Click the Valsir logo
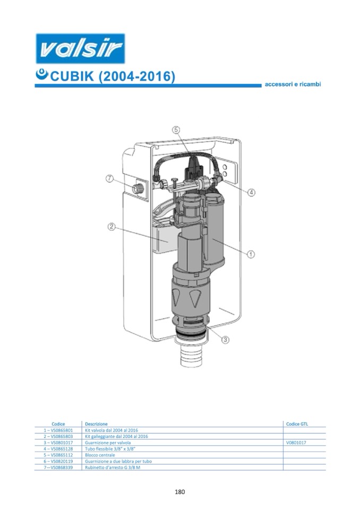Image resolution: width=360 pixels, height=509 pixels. pyautogui.click(x=80, y=48)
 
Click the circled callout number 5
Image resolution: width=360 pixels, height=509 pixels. pyautogui.click(x=176, y=130)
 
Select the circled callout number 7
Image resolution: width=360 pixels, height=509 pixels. pyautogui.click(x=110, y=178)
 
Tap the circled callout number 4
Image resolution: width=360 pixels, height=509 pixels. pyautogui.click(x=251, y=193)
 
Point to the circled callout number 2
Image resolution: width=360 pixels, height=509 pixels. pyautogui.click(x=112, y=227)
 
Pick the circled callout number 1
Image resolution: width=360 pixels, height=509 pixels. pyautogui.click(x=251, y=254)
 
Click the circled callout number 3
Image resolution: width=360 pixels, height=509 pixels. pyautogui.click(x=225, y=340)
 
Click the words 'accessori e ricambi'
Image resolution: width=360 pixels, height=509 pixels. pyautogui.click(x=293, y=84)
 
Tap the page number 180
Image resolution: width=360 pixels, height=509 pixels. pyautogui.click(x=179, y=492)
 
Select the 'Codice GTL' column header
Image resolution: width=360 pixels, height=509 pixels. pyautogui.click(x=297, y=424)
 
